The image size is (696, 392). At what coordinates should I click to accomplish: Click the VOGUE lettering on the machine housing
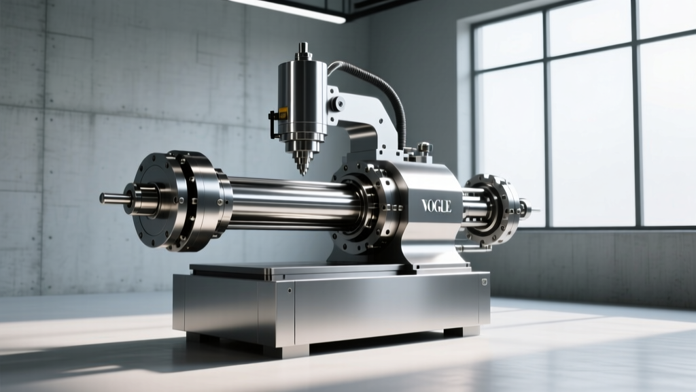coord(436,206)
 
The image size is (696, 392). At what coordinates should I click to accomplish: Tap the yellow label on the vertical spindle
coord(283,114)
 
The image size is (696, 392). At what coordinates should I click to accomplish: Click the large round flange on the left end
coord(177,201)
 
